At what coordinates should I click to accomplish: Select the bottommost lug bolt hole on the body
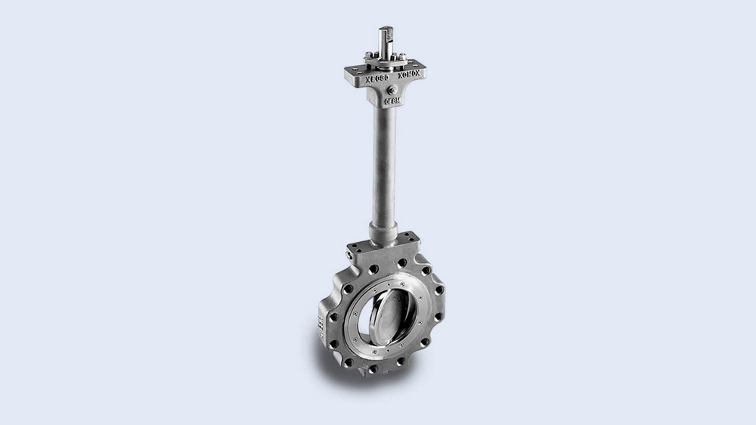point(373,370)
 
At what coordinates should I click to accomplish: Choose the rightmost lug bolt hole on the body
point(438,290)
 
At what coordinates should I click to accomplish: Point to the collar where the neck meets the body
point(383,231)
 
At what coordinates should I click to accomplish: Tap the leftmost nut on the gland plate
point(368,55)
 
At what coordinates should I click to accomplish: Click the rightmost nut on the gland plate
point(402,57)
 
